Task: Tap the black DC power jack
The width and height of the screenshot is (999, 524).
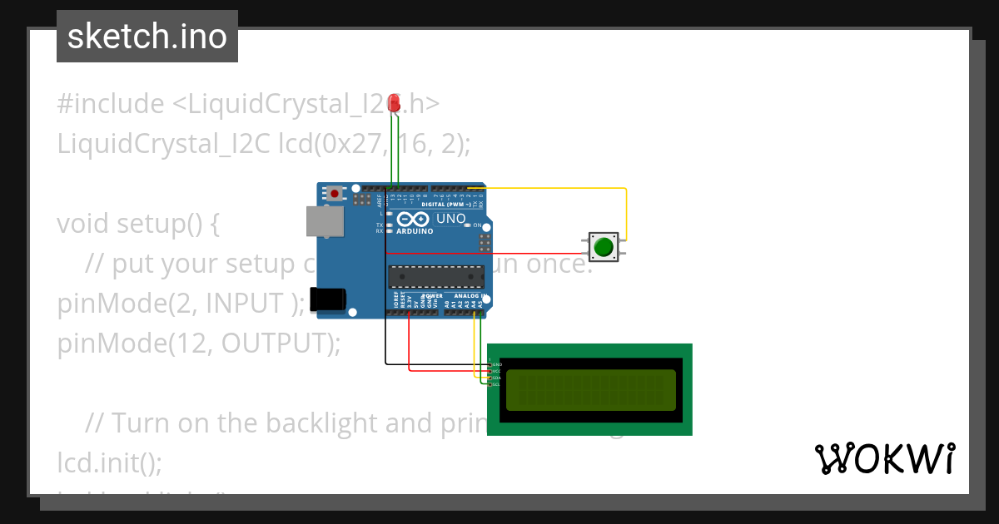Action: [326, 300]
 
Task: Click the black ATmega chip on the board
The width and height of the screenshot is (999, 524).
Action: [436, 277]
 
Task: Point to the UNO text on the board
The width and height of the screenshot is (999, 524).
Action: [451, 219]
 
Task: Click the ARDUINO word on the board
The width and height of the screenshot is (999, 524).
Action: [415, 231]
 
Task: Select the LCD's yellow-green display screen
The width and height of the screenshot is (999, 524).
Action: [590, 390]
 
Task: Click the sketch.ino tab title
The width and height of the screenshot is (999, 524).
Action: [147, 37]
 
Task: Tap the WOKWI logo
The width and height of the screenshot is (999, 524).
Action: [884, 459]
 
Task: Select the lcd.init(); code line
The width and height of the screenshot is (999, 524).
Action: [109, 462]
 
